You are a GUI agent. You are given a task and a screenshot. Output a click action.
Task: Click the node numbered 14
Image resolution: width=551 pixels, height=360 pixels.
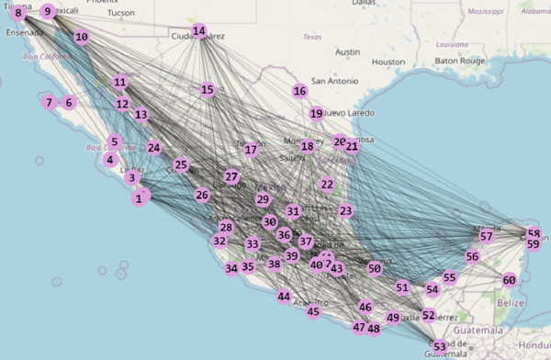point(199,31)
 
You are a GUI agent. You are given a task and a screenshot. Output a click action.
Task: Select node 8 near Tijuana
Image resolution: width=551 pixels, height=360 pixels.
point(18,13)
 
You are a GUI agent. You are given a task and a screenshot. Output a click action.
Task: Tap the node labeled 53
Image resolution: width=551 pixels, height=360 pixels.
point(440,346)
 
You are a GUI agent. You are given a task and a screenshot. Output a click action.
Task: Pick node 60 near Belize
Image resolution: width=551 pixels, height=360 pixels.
point(509,280)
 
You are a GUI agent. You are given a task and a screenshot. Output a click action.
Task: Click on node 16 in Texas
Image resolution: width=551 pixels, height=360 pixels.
point(299,91)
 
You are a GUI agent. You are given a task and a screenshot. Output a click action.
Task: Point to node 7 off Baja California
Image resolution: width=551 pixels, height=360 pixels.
point(49,103)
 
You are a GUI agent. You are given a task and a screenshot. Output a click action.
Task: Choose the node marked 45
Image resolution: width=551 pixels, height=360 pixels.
point(313,311)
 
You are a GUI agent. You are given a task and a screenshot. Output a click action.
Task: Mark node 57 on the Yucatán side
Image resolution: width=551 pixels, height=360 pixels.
point(487,236)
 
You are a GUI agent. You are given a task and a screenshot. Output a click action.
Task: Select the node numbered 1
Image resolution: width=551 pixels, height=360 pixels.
point(140,197)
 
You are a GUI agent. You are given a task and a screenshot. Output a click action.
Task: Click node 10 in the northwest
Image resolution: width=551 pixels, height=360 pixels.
point(82,38)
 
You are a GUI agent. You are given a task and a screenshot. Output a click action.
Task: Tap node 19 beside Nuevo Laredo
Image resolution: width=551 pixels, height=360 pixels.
point(316,114)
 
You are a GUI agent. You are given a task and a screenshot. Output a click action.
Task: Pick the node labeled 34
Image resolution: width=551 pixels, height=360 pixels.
point(231,268)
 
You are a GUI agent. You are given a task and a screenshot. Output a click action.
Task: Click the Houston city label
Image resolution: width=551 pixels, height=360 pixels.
point(388,62)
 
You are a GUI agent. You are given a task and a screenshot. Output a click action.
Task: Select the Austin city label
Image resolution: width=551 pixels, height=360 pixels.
point(347,52)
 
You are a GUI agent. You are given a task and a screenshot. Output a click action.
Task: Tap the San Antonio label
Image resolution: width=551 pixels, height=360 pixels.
point(332,80)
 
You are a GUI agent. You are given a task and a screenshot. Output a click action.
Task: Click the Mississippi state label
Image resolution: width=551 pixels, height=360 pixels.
point(485,13)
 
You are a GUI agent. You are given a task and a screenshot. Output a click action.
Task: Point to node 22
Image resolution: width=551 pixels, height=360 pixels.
point(327,185)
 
